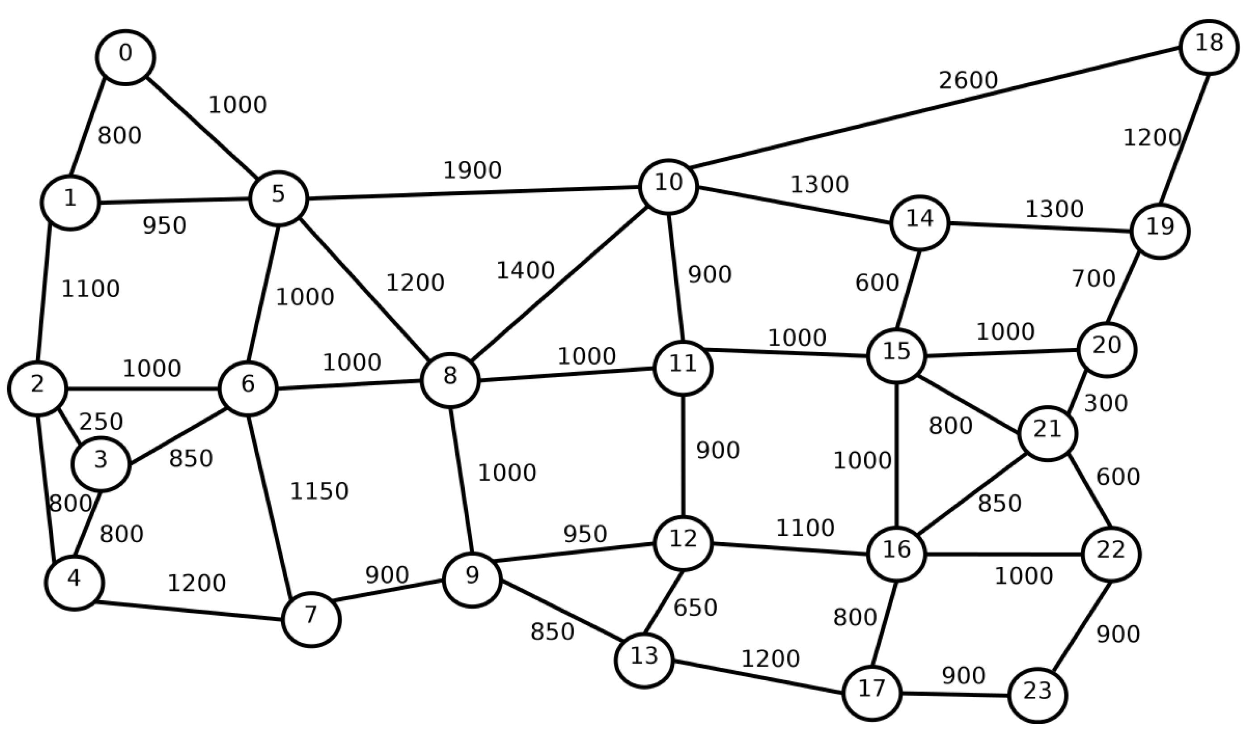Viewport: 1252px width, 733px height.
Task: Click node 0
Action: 125,57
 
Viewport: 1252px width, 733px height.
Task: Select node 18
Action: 1208,47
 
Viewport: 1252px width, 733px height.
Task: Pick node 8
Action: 450,380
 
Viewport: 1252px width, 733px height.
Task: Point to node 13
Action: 644,660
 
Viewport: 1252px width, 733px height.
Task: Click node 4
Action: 74,582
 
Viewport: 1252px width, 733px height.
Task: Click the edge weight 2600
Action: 968,80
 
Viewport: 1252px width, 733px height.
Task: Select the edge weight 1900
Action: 472,170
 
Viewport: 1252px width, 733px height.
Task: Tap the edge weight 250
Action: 101,421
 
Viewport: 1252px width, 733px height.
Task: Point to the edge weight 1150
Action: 319,492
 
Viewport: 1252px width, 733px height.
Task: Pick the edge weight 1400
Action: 525,271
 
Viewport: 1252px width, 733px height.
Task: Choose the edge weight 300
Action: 1105,404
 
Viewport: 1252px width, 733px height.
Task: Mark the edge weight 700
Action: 1093,279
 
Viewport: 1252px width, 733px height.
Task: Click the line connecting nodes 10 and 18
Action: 934,108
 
